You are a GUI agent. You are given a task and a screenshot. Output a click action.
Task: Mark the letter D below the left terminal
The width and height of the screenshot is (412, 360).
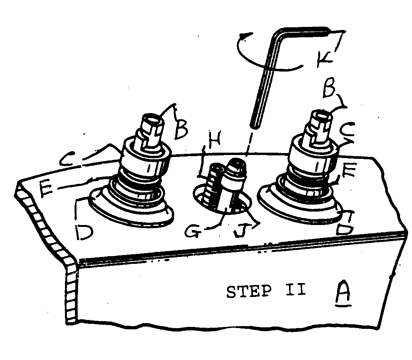[x=83, y=232]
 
